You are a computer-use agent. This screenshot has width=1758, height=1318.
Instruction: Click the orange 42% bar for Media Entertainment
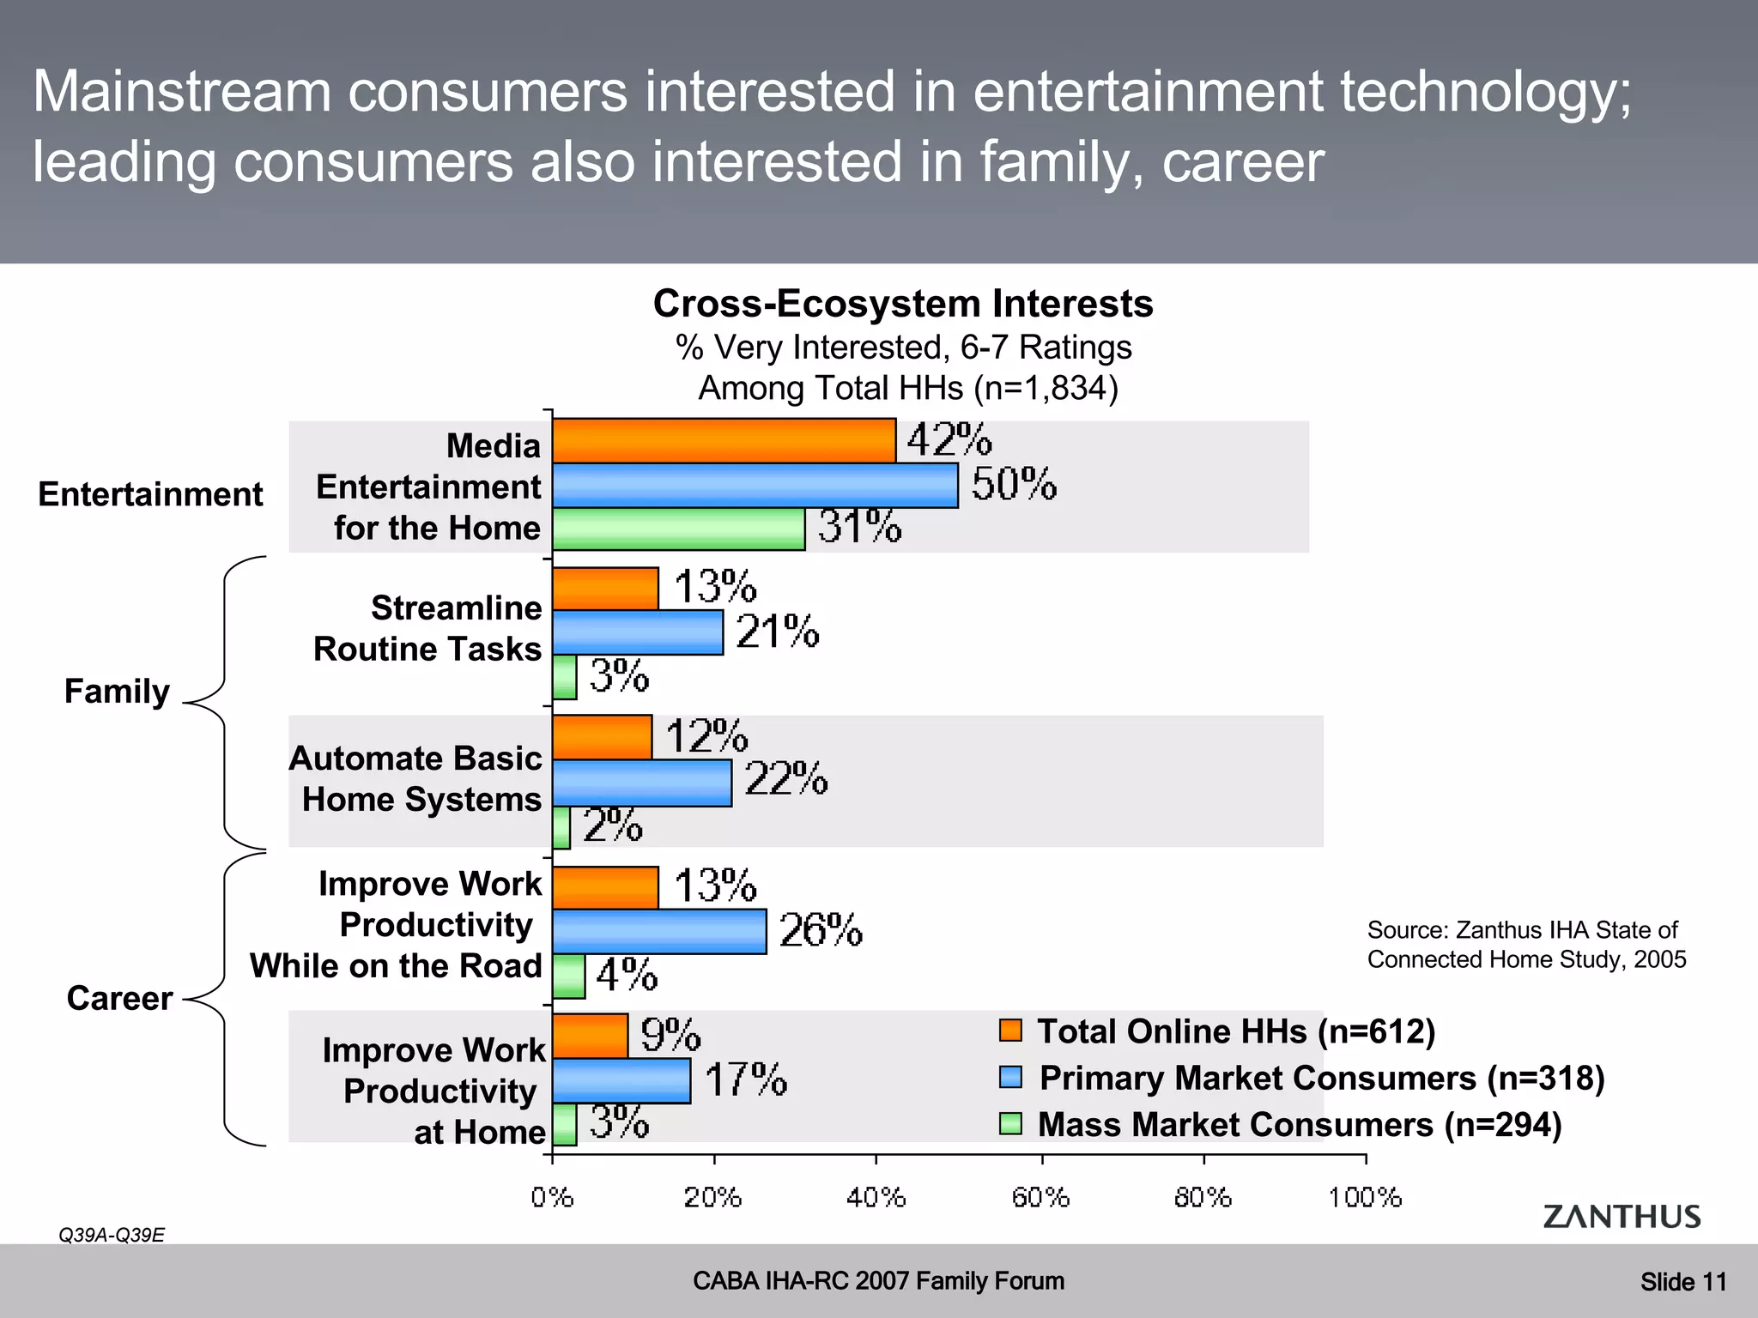pyautogui.click(x=724, y=441)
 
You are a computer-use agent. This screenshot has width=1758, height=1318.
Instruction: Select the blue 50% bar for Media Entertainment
pyautogui.click(x=755, y=486)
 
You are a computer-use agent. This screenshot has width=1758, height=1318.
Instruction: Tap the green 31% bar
pyautogui.click(x=678, y=529)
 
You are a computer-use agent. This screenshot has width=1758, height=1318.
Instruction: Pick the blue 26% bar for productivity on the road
pyautogui.click(x=659, y=932)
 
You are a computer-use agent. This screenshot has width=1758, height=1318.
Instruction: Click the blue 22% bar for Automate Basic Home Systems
pyautogui.click(x=641, y=783)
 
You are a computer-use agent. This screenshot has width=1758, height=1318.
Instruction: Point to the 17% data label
pyautogui.click(x=745, y=1079)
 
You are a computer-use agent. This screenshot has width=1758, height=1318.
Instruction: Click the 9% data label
pyautogui.click(x=670, y=1035)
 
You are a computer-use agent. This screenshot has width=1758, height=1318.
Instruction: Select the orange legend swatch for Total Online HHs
pyautogui.click(x=1010, y=1031)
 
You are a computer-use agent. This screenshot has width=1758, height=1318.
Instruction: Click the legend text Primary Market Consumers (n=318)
pyautogui.click(x=1321, y=1078)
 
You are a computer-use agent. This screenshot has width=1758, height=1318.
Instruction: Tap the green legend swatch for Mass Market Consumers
pyautogui.click(x=1010, y=1124)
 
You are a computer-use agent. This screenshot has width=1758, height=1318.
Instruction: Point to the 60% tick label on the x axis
pyautogui.click(x=1040, y=1197)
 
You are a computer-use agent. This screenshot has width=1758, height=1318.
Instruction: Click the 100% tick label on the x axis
pyautogui.click(x=1364, y=1197)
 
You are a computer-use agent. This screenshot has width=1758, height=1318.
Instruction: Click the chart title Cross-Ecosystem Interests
pyautogui.click(x=903, y=304)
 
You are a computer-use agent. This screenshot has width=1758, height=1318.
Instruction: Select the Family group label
pyautogui.click(x=118, y=692)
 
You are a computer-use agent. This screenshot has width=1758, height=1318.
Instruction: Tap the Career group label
pyautogui.click(x=119, y=999)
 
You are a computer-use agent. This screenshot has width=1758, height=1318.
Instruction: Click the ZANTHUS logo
pyautogui.click(x=1622, y=1217)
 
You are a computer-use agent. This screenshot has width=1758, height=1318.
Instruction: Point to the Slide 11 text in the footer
pyautogui.click(x=1682, y=1282)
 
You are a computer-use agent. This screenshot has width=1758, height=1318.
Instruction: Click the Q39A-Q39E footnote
pyautogui.click(x=112, y=1236)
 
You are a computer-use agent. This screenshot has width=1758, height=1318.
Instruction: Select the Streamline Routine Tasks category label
pyautogui.click(x=427, y=628)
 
